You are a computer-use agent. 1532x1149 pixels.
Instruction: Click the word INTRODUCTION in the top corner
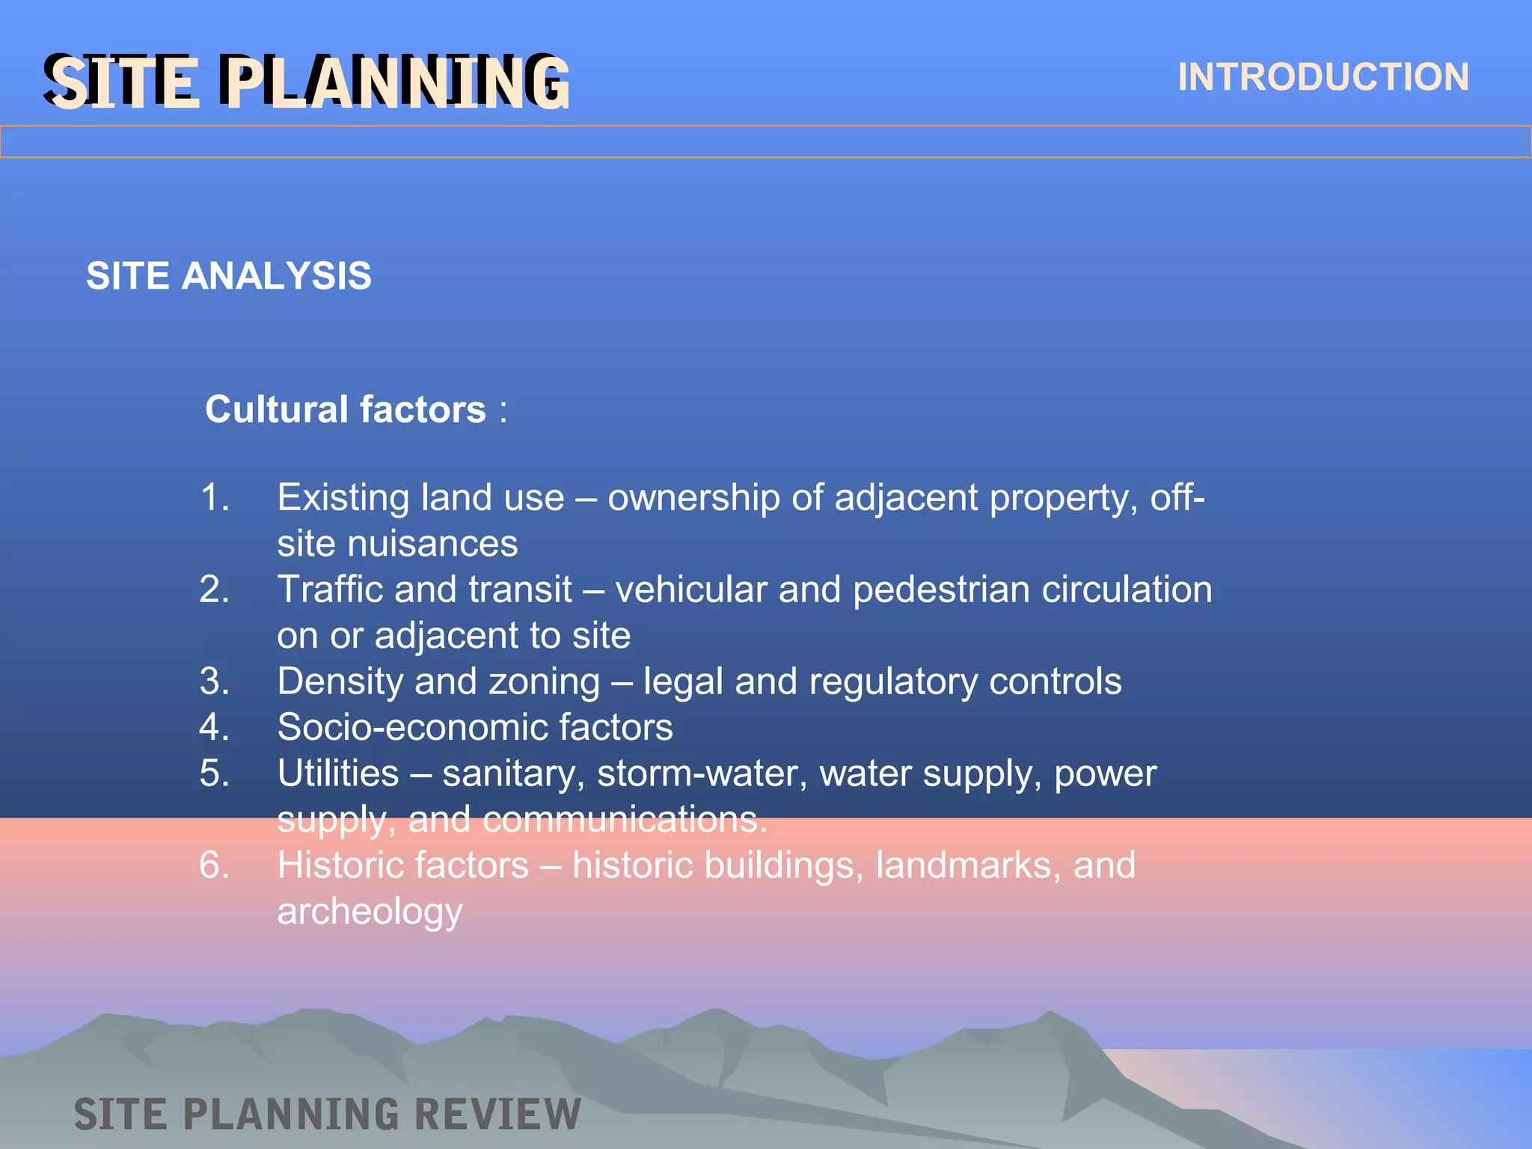pos(1323,77)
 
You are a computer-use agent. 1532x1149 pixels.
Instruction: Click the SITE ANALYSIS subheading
pos(228,276)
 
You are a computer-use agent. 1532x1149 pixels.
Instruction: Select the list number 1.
pos(215,497)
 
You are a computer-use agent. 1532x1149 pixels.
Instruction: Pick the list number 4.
pos(215,727)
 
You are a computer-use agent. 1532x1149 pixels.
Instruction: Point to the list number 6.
pos(215,865)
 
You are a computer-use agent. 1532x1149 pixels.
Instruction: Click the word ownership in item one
pos(694,498)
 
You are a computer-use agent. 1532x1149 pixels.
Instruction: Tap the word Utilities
pos(338,773)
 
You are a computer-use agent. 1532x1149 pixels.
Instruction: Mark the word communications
pos(625,820)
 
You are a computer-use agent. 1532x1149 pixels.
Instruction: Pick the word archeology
pos(370,912)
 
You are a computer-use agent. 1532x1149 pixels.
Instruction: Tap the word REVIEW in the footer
pos(497,1115)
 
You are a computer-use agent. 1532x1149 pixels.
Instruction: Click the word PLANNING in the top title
pos(394,82)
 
